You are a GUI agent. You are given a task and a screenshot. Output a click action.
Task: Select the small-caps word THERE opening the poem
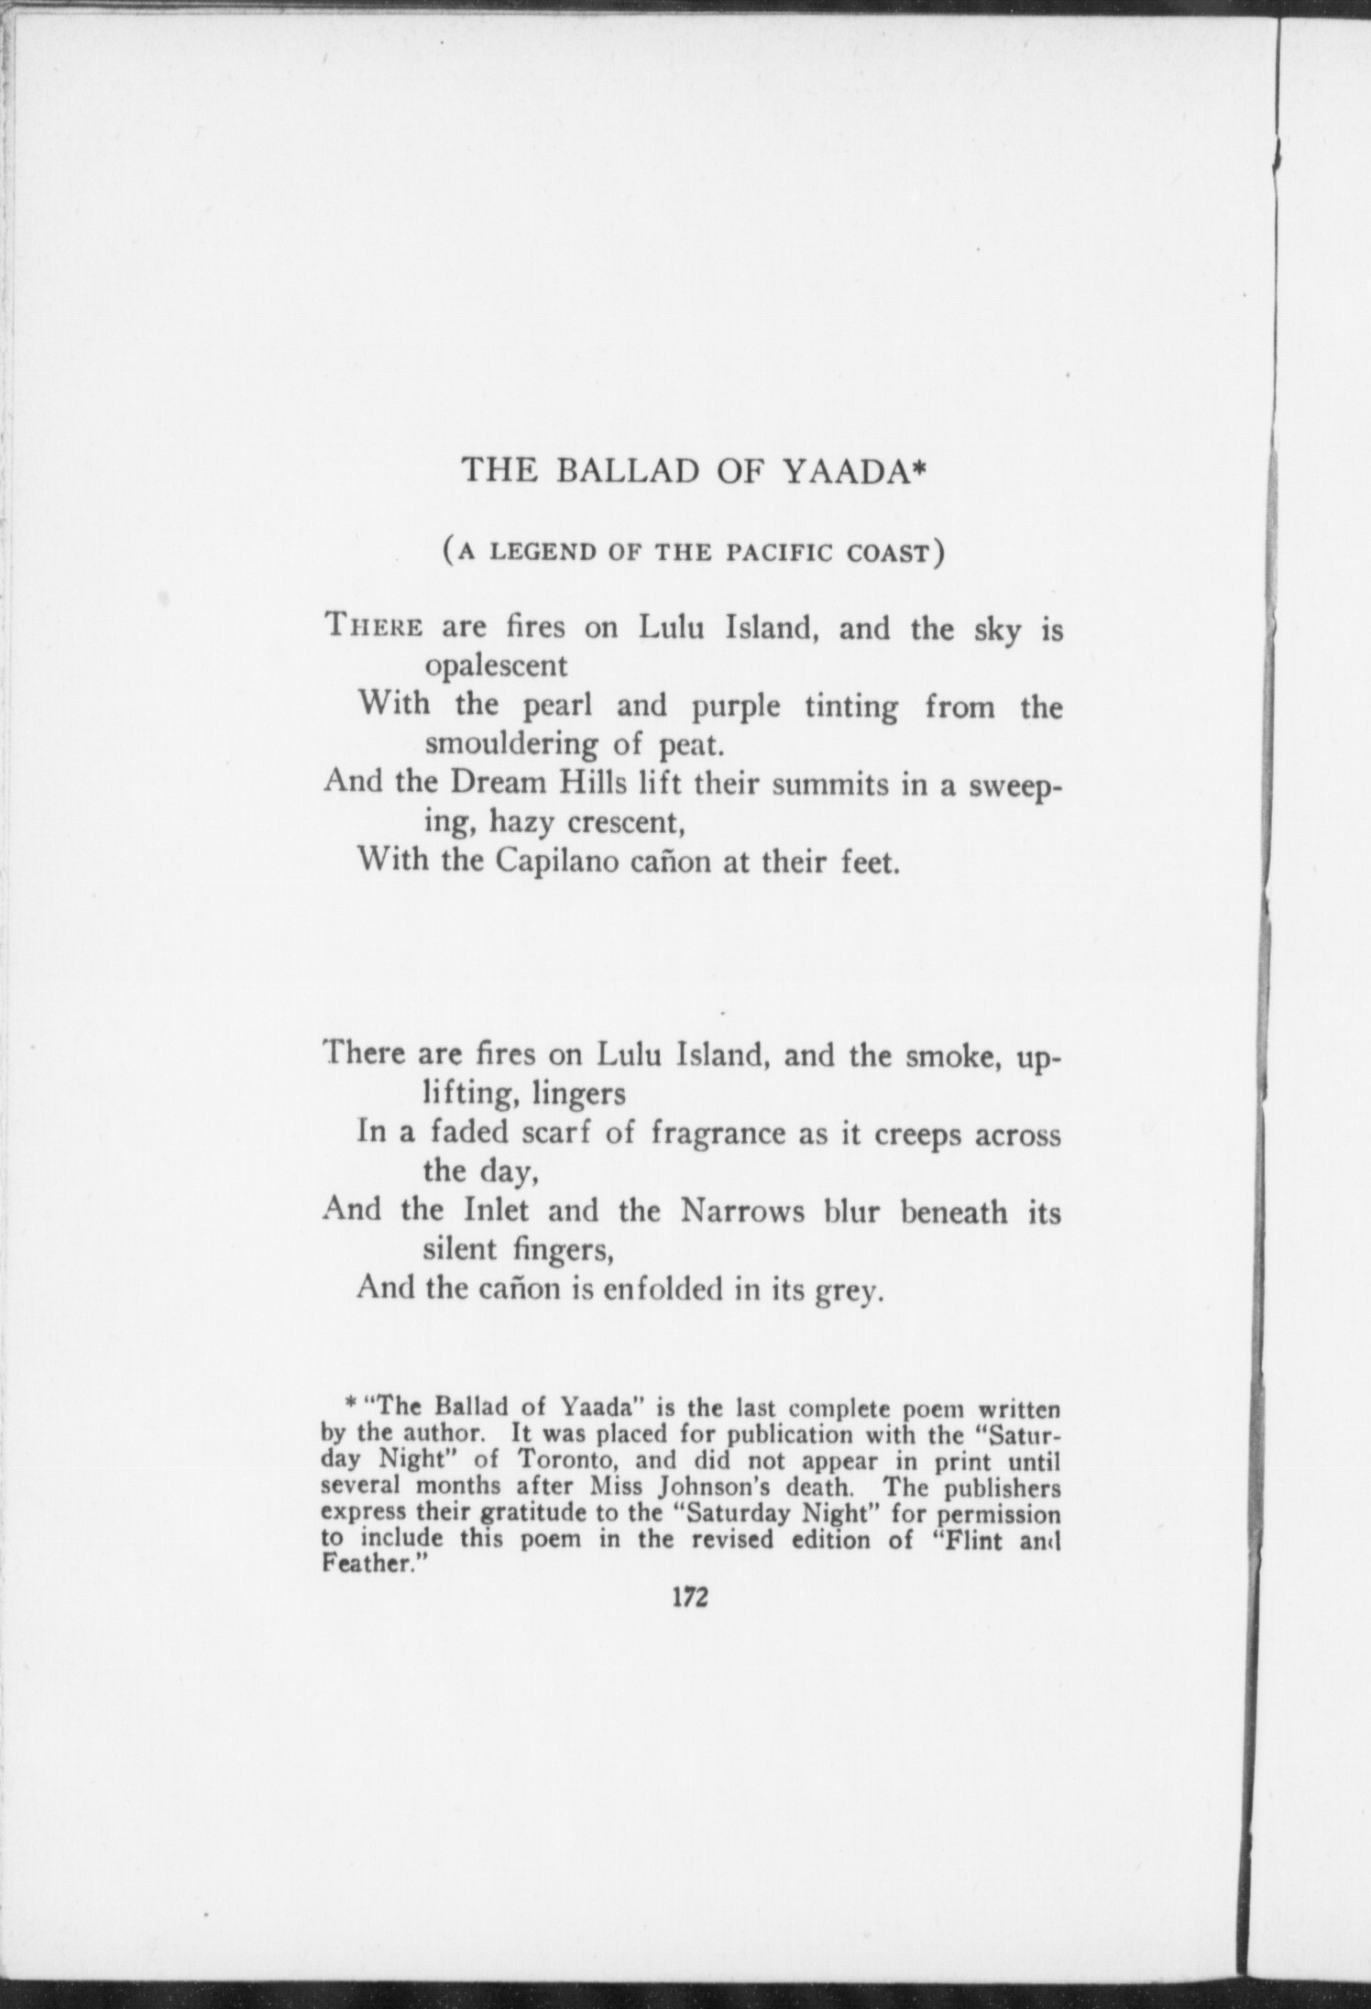[x=374, y=629]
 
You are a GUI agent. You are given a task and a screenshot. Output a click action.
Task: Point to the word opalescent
[x=496, y=665]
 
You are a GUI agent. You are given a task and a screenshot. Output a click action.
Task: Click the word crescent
[x=627, y=822]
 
